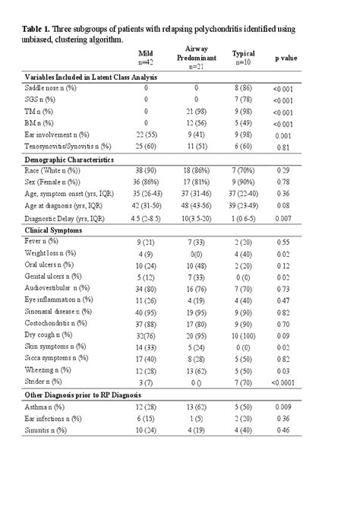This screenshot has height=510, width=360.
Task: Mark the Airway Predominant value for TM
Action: tap(196, 111)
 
